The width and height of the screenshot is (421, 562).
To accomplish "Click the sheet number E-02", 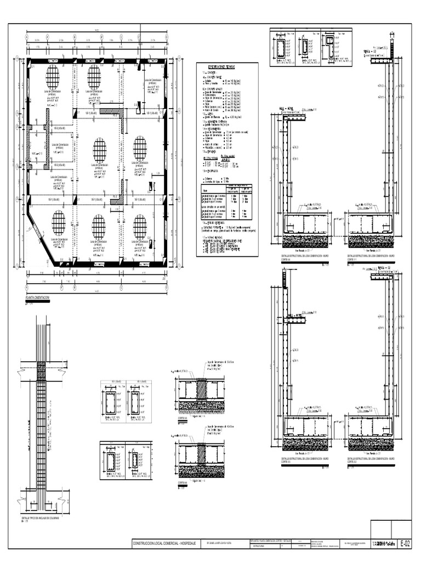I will [405, 543].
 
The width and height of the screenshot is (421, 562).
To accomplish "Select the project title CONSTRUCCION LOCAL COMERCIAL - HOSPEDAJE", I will [163, 543].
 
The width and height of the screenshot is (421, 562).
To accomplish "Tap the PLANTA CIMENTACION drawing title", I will [38, 297].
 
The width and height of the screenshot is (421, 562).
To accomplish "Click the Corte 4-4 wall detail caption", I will [305, 257].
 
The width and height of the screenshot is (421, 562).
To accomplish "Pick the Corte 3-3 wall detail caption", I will [305, 459].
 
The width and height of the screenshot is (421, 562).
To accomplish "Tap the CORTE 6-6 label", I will [183, 484].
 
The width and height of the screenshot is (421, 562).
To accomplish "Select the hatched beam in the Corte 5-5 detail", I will [201, 390].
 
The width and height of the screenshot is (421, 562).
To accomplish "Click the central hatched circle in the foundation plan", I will [99, 150].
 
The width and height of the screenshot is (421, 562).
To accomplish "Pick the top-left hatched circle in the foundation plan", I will [53, 77].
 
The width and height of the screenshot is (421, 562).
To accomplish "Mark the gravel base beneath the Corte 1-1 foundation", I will [371, 241].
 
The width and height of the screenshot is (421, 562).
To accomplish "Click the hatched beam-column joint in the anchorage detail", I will [41, 370].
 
